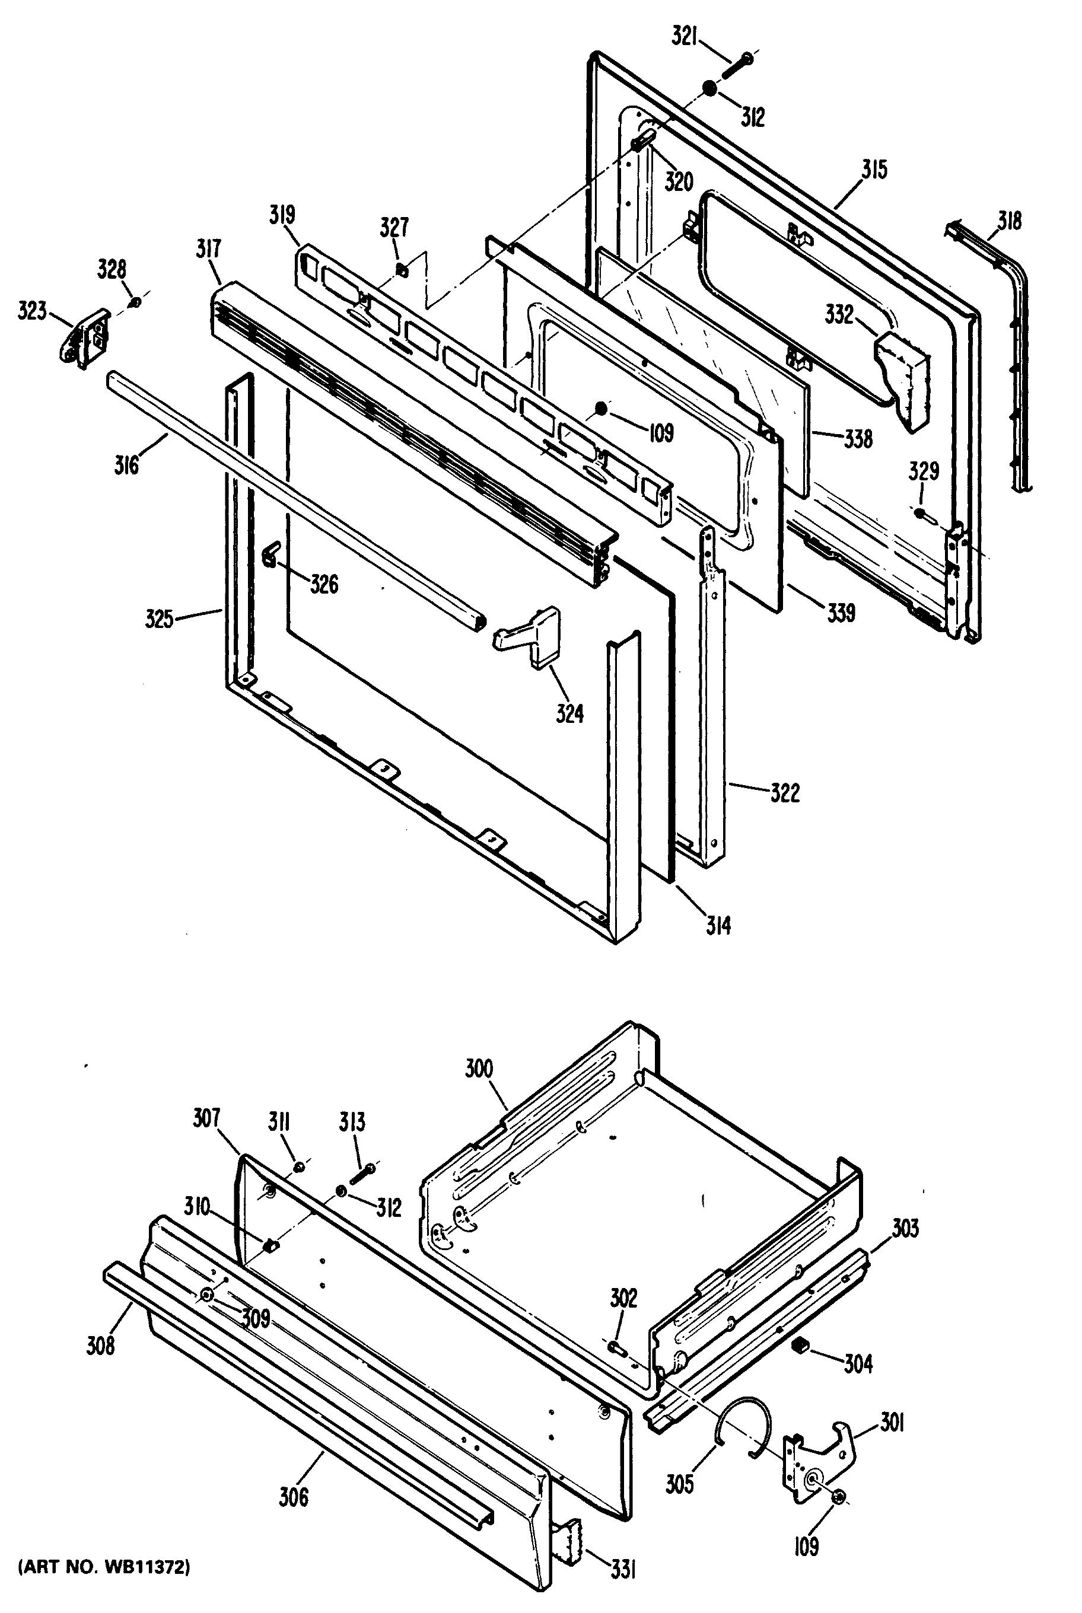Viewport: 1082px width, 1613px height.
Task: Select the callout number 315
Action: (874, 170)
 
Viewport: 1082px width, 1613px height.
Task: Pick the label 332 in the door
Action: (839, 315)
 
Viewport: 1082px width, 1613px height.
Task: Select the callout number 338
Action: (858, 438)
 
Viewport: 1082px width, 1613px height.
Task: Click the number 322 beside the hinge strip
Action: (785, 793)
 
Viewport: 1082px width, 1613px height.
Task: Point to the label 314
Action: (718, 925)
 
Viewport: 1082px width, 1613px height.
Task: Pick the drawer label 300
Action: (479, 1069)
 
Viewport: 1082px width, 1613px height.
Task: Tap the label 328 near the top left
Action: (112, 270)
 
